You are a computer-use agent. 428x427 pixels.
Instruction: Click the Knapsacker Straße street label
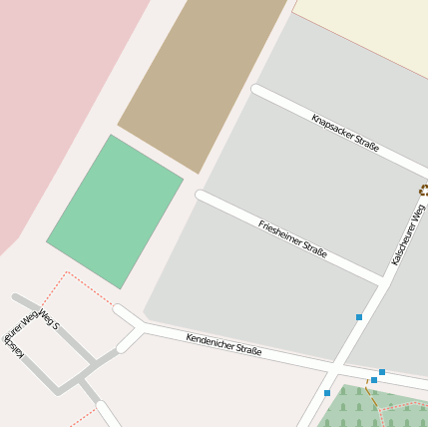pos(345,133)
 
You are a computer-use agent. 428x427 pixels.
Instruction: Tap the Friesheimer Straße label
pos(292,238)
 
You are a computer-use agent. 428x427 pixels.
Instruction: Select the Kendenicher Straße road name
pos(223,344)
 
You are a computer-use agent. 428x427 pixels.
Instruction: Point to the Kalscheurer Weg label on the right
pos(409,234)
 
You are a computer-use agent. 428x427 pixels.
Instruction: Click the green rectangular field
pos(115,212)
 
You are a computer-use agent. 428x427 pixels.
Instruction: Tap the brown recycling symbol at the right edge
pos(424,189)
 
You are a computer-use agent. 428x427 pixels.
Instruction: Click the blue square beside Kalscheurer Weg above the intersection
pos(359,317)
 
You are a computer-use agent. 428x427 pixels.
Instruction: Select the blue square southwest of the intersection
pos(327,393)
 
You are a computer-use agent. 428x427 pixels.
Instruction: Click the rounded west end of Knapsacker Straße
pos(257,90)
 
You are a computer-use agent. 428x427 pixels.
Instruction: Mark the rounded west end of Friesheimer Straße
pos(201,195)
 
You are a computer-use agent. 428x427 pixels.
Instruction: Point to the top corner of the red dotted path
pos(67,271)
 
